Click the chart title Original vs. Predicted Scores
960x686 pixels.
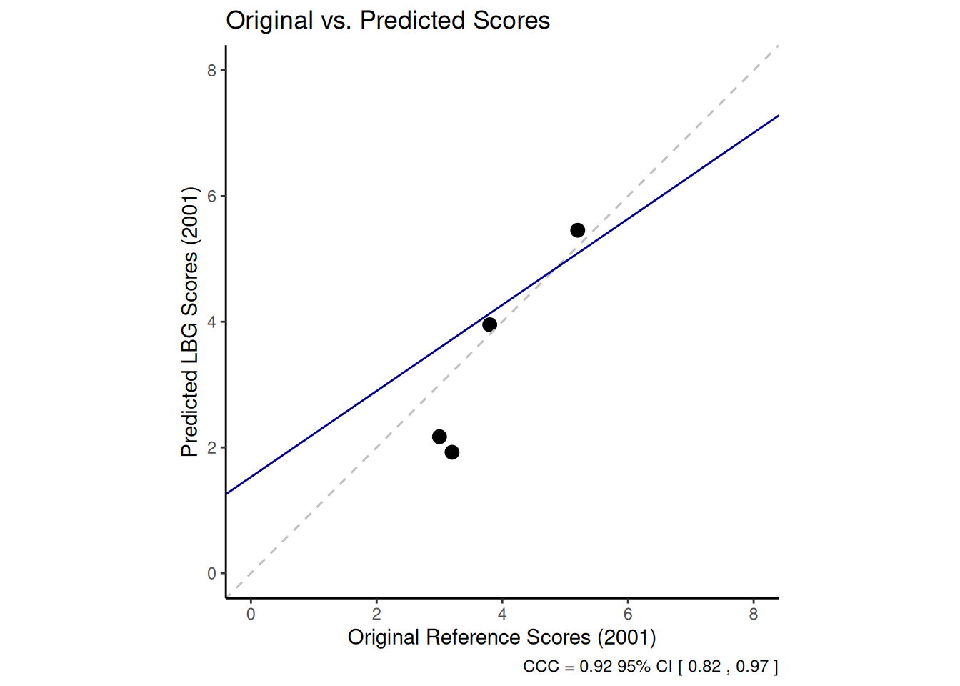coord(388,21)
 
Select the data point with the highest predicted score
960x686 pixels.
coord(578,230)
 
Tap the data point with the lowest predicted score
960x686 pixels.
coord(452,452)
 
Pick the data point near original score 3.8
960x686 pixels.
coord(489,325)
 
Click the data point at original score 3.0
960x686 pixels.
coord(439,437)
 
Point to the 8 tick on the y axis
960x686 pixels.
coord(211,70)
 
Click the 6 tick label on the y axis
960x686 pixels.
coord(211,196)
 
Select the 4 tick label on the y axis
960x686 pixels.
coord(211,322)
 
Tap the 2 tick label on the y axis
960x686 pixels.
coord(211,447)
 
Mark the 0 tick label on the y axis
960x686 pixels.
coord(211,573)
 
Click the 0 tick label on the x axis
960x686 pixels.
coord(251,615)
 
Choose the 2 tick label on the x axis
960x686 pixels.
coord(376,615)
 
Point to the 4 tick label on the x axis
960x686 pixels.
coord(502,615)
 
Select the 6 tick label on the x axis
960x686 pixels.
coord(628,615)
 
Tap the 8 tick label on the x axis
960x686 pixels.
coord(754,615)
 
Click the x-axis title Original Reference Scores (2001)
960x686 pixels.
coord(501,637)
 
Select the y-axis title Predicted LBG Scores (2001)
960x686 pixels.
coord(189,322)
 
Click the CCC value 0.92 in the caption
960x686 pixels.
coord(596,667)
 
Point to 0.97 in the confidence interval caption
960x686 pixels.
coord(752,667)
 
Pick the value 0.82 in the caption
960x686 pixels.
coord(704,667)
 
